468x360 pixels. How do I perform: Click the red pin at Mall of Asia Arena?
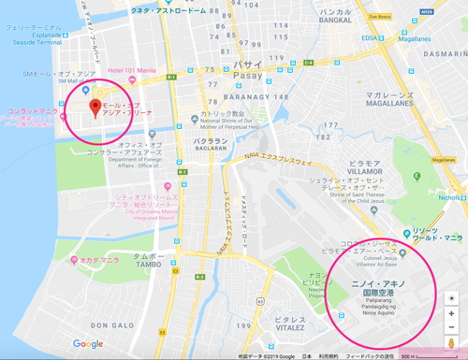[x=95, y=108]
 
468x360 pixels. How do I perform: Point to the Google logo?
[x=88, y=343]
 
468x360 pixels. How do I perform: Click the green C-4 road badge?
[x=308, y=63]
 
